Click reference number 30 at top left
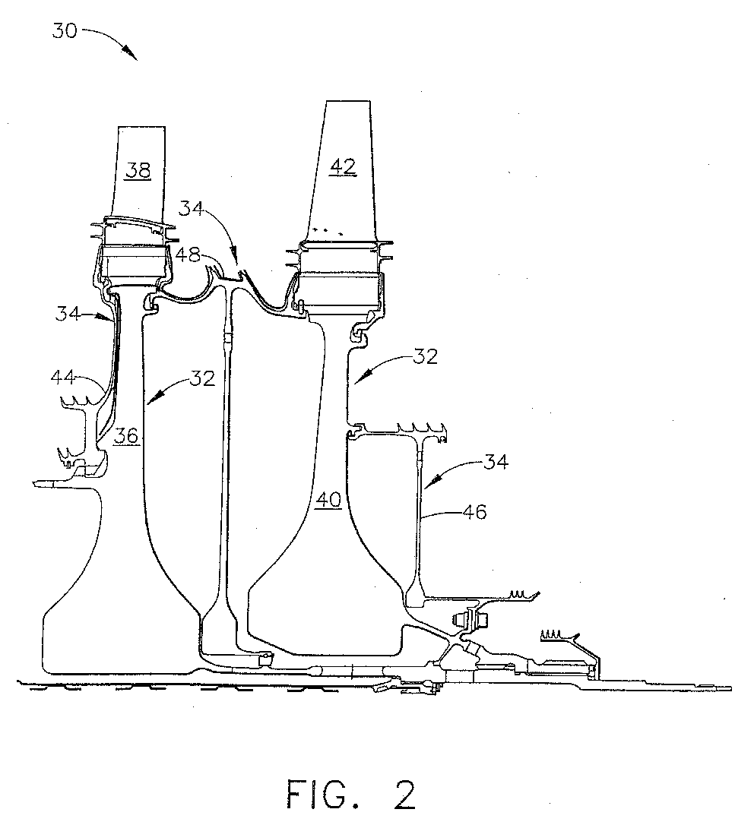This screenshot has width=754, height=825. coord(65,30)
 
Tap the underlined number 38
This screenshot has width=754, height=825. coord(138,171)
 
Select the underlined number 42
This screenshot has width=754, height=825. coord(343,166)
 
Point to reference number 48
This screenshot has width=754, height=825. coord(188,255)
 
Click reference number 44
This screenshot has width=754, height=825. coord(63,378)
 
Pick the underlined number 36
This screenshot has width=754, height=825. coord(126,436)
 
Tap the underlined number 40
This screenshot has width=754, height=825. coord(328,500)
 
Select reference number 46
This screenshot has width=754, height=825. coord(474,511)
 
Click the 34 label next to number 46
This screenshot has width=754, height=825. coord(496,462)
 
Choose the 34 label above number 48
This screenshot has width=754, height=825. coord(191,209)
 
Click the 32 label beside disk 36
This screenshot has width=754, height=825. coord(202,378)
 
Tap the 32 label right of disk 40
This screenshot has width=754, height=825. coord(425,356)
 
